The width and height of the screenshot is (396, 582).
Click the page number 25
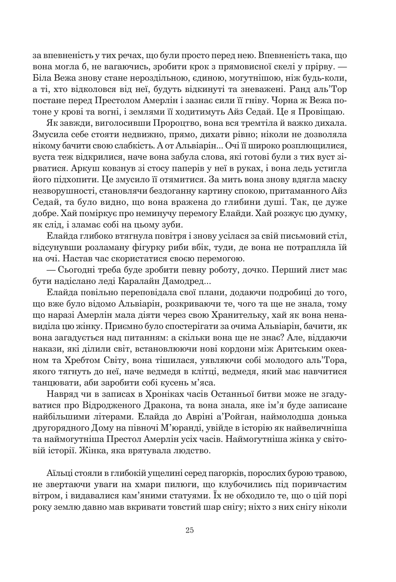[190, 530]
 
